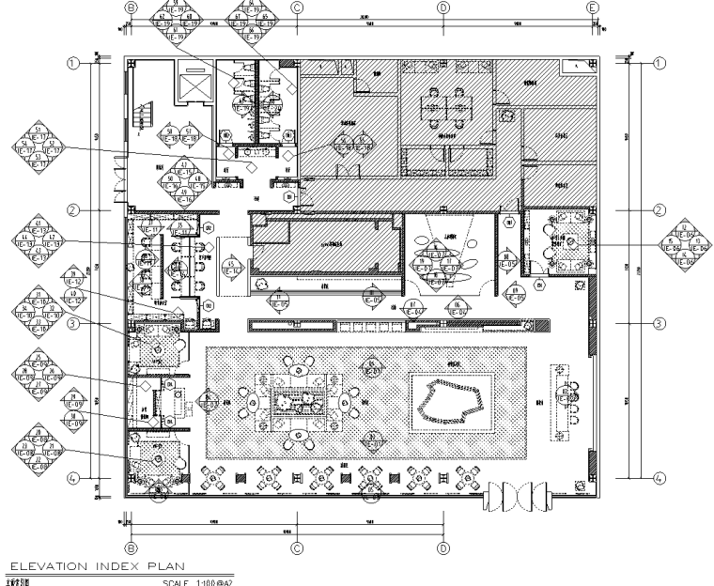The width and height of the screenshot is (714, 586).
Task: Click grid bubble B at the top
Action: pyautogui.click(x=131, y=8)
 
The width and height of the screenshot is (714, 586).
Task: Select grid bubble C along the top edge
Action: pyautogui.click(x=297, y=8)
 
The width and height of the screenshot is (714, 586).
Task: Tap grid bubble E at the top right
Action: pyautogui.click(x=593, y=8)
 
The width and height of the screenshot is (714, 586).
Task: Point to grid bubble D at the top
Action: pyautogui.click(x=443, y=8)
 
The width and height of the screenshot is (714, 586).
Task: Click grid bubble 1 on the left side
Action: pyautogui.click(x=72, y=64)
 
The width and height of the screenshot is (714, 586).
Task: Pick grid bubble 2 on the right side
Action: pyautogui.click(x=660, y=210)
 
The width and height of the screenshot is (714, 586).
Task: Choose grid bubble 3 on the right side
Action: pyautogui.click(x=660, y=324)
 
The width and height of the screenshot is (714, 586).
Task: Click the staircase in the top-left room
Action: pyautogui.click(x=144, y=117)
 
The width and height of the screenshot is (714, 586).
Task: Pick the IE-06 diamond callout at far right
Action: pyautogui.click(x=682, y=245)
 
